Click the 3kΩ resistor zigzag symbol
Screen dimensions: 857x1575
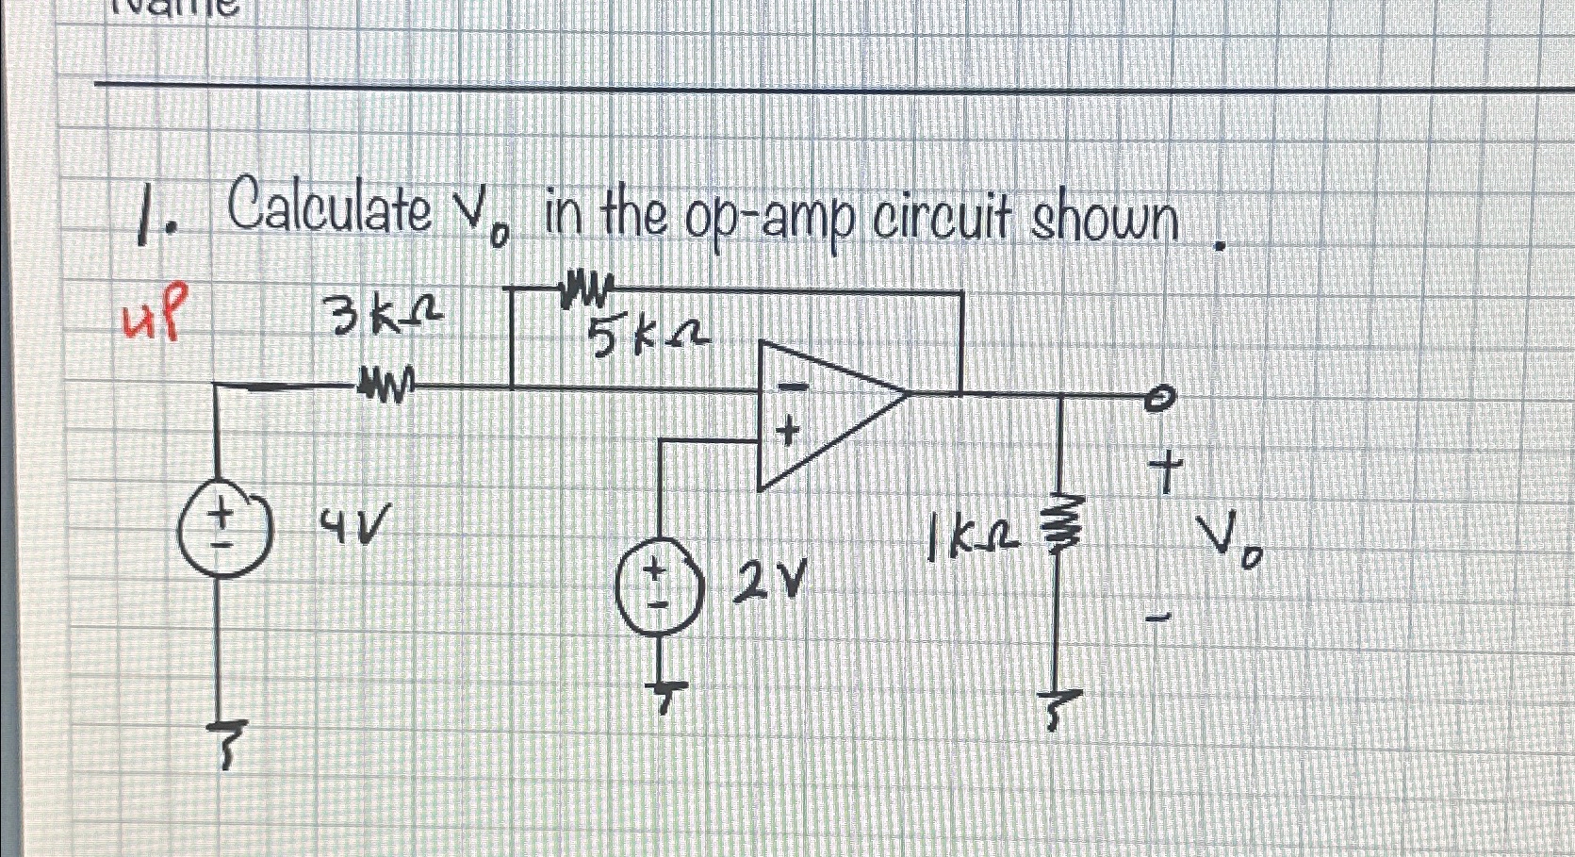coord(384,387)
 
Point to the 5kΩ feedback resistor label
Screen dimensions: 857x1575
coord(650,338)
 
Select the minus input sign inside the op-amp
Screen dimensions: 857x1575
coord(795,387)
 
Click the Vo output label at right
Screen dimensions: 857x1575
coord(1230,546)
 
